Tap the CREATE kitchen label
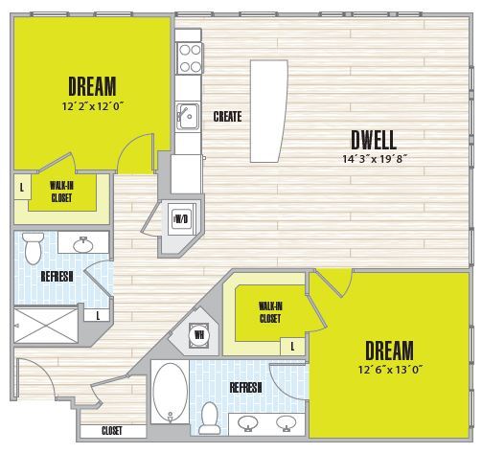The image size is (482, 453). pyautogui.click(x=227, y=117)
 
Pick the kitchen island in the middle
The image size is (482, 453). pyautogui.click(x=267, y=111)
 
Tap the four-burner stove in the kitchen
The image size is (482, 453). pyautogui.click(x=188, y=57)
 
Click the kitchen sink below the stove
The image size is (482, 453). pyautogui.click(x=186, y=116)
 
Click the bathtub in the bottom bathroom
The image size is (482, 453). pyautogui.click(x=171, y=394)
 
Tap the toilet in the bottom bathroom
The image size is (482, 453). pyautogui.click(x=210, y=418)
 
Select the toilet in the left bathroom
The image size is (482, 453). pyautogui.click(x=33, y=248)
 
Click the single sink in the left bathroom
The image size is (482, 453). pyautogui.click(x=90, y=242)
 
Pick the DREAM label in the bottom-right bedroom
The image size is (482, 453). pyautogui.click(x=388, y=350)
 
